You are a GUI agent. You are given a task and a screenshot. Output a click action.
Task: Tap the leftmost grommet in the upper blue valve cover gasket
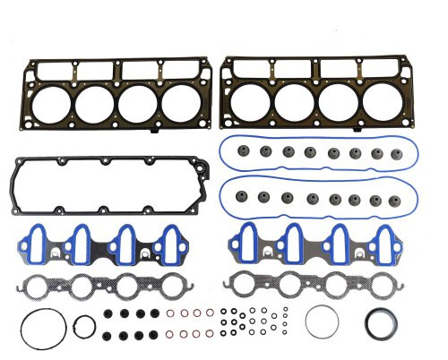[243, 152]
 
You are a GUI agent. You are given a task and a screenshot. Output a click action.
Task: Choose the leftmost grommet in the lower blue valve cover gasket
[243, 195]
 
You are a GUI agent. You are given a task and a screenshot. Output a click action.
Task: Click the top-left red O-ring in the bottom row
[170, 313]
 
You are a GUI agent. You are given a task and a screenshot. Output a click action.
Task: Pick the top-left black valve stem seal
[109, 314]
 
